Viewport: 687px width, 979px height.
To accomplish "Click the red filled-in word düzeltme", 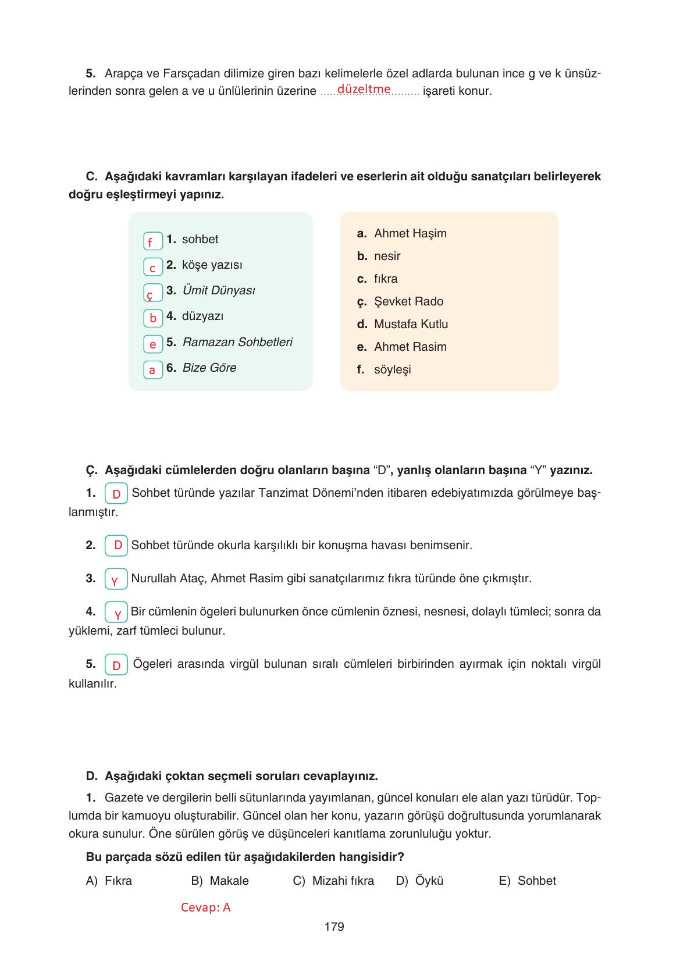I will click(x=364, y=89).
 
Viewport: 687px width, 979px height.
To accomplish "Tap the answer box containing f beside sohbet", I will click(x=152, y=241).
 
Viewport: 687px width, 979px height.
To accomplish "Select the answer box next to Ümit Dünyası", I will click(x=152, y=293).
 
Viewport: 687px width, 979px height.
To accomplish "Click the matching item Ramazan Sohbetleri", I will click(x=237, y=342).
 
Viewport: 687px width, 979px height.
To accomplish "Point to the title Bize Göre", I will click(x=209, y=368).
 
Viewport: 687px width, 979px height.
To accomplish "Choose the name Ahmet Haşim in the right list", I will click(x=410, y=233).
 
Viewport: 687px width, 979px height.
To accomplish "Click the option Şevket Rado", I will click(x=408, y=301).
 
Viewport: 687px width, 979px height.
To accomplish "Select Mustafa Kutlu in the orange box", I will click(x=411, y=324).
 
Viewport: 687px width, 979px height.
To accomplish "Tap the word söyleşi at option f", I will click(x=392, y=369).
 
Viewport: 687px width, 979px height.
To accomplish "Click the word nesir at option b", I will click(x=387, y=256).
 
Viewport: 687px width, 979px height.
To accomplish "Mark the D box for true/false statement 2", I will click(x=117, y=546).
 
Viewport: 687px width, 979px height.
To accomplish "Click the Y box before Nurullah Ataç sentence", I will click(x=116, y=579).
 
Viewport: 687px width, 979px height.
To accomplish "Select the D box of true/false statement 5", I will click(x=116, y=665).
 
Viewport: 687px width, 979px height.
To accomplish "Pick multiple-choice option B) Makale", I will click(x=220, y=881).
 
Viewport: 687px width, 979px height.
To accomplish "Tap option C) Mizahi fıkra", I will click(x=333, y=881).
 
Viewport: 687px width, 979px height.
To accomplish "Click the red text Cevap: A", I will click(x=205, y=907).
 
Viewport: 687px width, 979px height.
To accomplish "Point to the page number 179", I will click(x=334, y=927).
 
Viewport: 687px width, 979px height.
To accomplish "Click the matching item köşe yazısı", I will click(x=212, y=265).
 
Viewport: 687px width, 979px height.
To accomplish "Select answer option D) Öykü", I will click(x=419, y=881).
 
